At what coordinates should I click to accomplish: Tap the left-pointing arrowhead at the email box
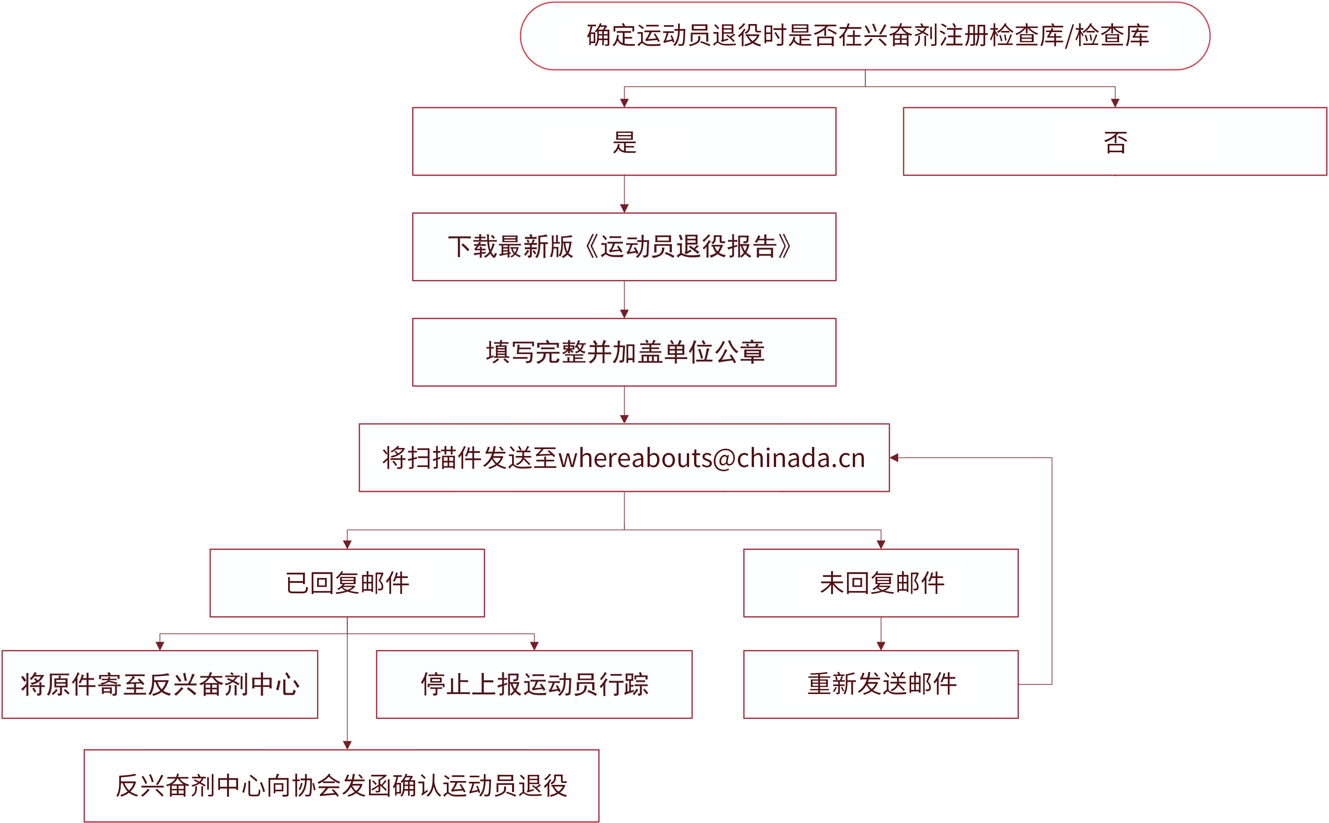pyautogui.click(x=894, y=458)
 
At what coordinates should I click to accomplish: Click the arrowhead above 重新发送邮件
pyautogui.click(x=881, y=646)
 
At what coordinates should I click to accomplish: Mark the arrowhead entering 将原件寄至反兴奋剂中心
pyautogui.click(x=160, y=646)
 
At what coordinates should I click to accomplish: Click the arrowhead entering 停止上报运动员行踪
pyautogui.click(x=535, y=646)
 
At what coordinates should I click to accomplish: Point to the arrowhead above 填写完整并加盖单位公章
pyautogui.click(x=624, y=314)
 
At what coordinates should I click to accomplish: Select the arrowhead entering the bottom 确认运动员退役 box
pyautogui.click(x=347, y=745)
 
